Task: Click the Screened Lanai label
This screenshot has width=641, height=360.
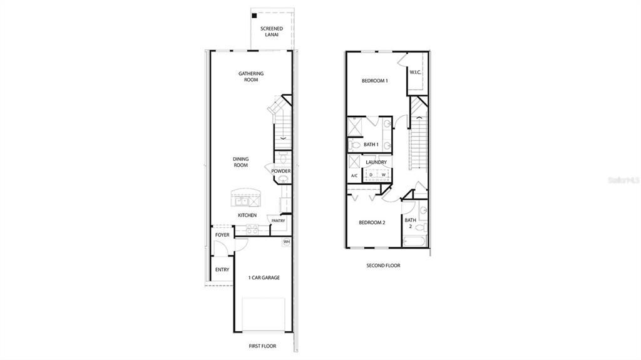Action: pyautogui.click(x=272, y=32)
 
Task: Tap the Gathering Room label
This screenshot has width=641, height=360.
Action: pyautogui.click(x=250, y=76)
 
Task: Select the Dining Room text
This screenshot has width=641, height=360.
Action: pyautogui.click(x=240, y=162)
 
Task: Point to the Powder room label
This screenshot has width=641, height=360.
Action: pyautogui.click(x=281, y=171)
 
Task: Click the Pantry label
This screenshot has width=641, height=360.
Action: pyautogui.click(x=278, y=220)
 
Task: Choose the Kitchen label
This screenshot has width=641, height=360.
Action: pyautogui.click(x=247, y=215)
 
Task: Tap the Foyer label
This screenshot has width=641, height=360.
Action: pyautogui.click(x=222, y=235)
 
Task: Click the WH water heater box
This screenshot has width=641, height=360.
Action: pyautogui.click(x=287, y=242)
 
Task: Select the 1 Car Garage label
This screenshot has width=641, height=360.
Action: pyautogui.click(x=264, y=277)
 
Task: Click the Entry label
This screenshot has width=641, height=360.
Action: pyautogui.click(x=222, y=270)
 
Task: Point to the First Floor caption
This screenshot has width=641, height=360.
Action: pyautogui.click(x=262, y=346)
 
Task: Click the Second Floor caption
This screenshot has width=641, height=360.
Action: pyautogui.click(x=383, y=265)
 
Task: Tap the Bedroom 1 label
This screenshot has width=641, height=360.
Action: pyautogui.click(x=375, y=81)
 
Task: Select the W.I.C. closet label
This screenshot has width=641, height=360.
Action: pyautogui.click(x=416, y=73)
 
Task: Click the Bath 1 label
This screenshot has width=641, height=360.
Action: pyautogui.click(x=371, y=145)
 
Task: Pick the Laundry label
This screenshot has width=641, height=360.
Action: pyautogui.click(x=376, y=162)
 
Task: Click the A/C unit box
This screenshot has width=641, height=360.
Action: pyautogui.click(x=354, y=176)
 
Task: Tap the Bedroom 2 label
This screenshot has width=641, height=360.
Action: pyautogui.click(x=371, y=223)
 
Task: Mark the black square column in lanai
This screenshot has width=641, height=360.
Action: pyautogui.click(x=254, y=16)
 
